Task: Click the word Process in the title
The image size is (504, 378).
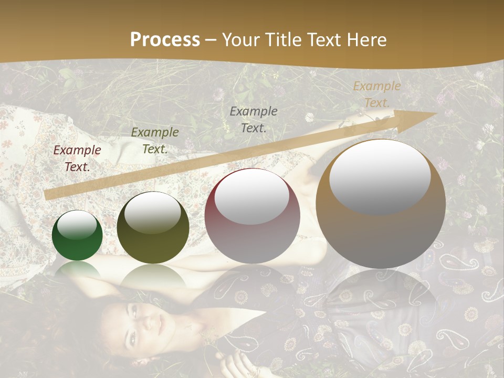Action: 165,40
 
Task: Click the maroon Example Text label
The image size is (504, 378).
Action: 77,159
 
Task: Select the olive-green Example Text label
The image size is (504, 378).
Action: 154,141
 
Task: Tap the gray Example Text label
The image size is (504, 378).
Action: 254,119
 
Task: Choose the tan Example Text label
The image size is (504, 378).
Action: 376,94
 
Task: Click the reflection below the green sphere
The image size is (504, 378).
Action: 78,270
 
